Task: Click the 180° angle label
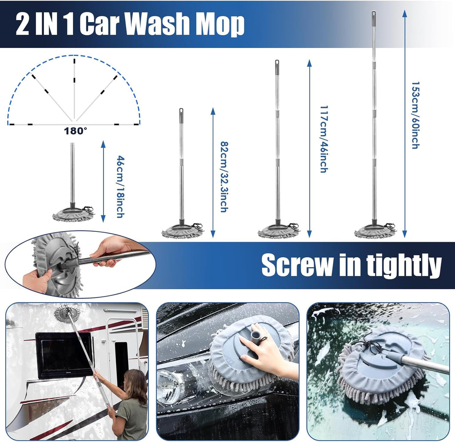pos(76,131)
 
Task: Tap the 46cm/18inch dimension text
pos(120,186)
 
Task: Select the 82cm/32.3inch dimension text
pos(224,176)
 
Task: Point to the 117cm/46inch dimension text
pos(323,139)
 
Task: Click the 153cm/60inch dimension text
pos(415,115)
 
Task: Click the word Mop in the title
pos(220,25)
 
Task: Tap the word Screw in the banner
pos(296,265)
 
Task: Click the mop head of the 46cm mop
pos(72,215)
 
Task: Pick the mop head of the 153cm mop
pos(375,231)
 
